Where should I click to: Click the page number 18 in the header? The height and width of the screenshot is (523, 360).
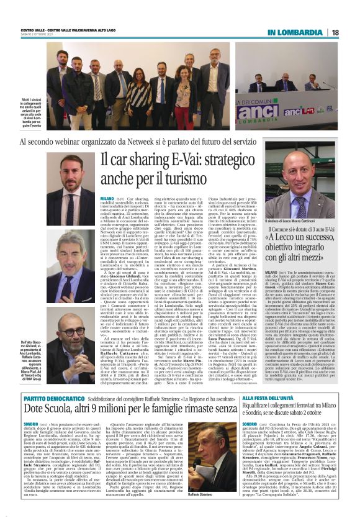click(335, 32)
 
